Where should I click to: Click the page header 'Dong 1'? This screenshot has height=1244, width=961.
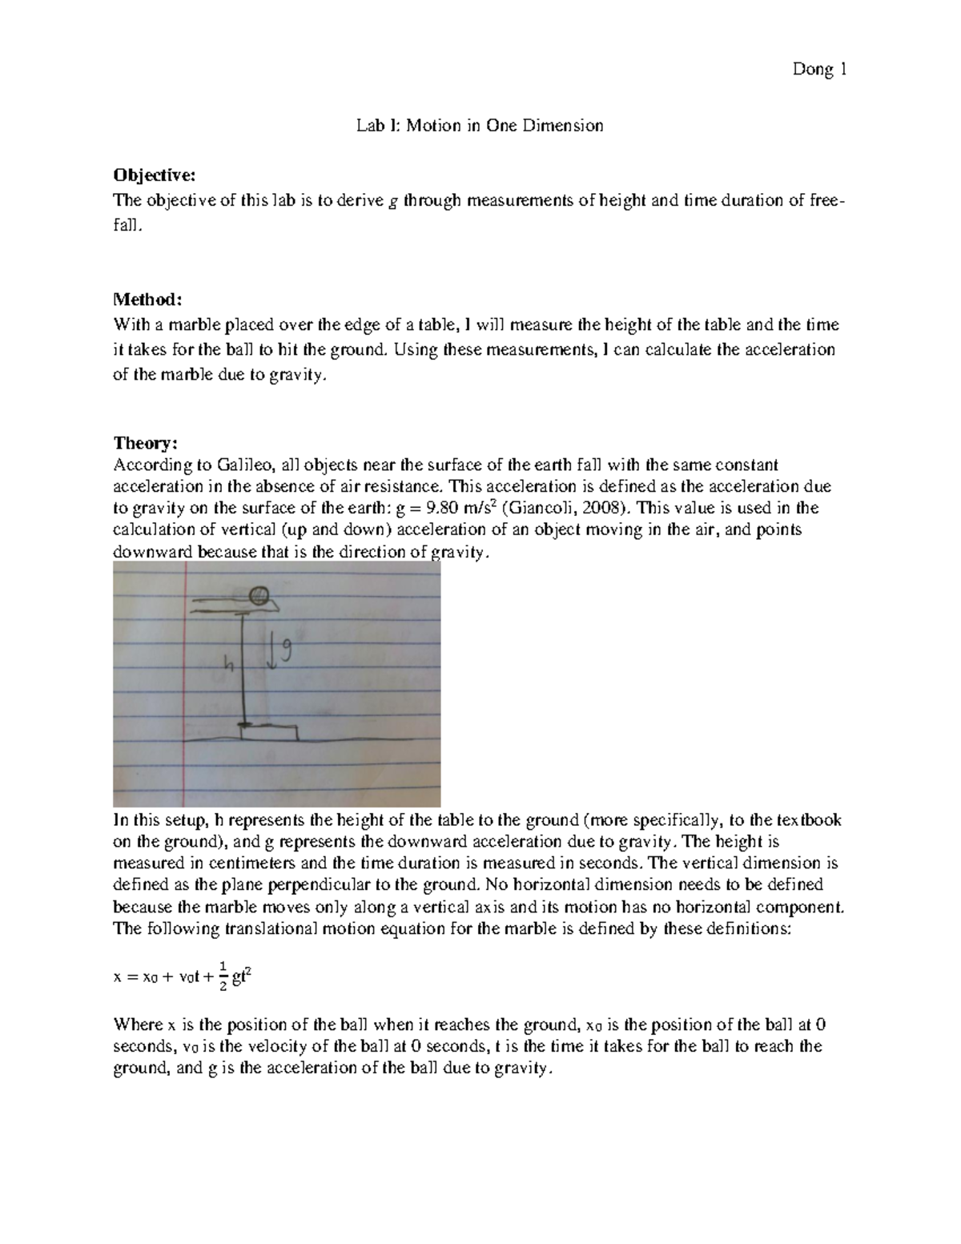pos(819,70)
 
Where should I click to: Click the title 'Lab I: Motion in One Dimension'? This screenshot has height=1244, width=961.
pos(480,126)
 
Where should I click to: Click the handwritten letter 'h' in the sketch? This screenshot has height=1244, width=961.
pos(229,662)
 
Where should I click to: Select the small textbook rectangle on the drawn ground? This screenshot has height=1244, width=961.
pos(269,731)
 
